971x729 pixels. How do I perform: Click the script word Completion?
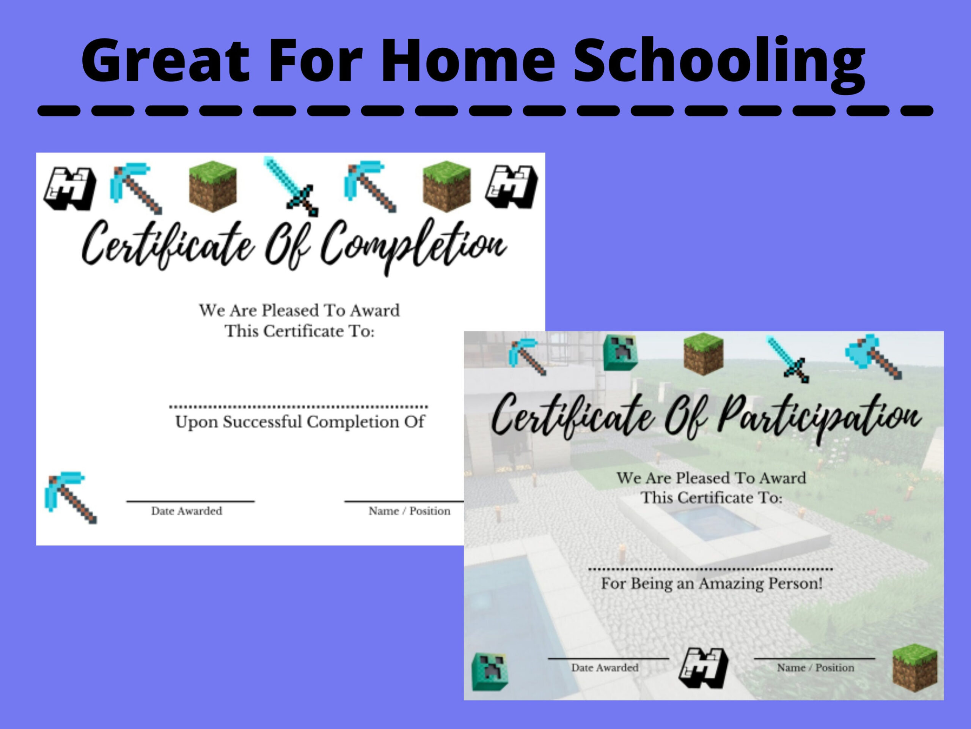tap(413, 246)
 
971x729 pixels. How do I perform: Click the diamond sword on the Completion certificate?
tap(291, 187)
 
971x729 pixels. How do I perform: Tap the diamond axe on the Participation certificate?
tap(874, 356)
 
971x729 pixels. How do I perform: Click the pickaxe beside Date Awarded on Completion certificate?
tap(70, 498)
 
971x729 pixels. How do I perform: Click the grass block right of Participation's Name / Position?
tap(915, 668)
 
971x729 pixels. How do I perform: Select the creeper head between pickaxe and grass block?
tap(620, 352)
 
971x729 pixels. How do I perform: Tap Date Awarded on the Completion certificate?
tap(187, 511)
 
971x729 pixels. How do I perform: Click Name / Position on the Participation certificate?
tap(815, 668)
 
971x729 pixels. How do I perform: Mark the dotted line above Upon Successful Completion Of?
tap(299, 407)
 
